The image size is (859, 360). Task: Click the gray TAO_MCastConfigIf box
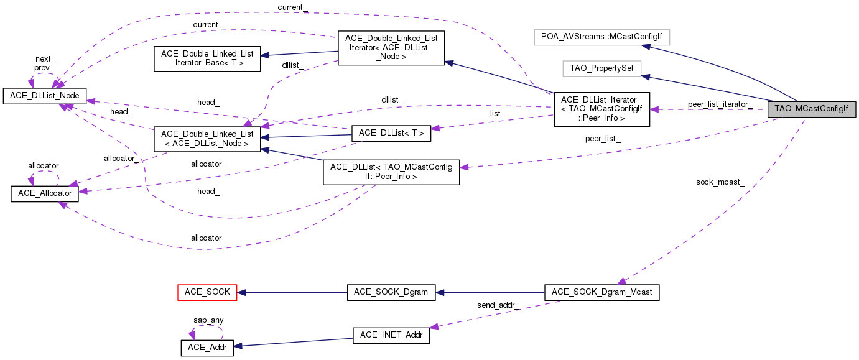click(811, 108)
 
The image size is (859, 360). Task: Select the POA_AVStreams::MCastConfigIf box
click(601, 37)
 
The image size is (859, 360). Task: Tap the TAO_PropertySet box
click(601, 68)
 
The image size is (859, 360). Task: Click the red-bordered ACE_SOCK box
click(207, 292)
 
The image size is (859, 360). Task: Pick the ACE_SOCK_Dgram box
click(391, 292)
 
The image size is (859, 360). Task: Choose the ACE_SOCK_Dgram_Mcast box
click(601, 292)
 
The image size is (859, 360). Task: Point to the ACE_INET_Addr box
click(391, 335)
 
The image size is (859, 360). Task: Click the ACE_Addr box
click(207, 348)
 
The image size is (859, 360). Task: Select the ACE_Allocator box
click(45, 193)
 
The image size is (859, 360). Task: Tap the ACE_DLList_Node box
click(45, 95)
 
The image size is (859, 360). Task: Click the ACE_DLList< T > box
click(391, 132)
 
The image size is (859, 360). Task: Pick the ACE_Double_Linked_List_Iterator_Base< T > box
click(207, 58)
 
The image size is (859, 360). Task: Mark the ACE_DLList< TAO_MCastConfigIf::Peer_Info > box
click(391, 172)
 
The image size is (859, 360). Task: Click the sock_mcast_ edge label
click(720, 182)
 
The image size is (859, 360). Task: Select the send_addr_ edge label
click(498, 305)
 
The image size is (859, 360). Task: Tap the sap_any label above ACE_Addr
click(208, 320)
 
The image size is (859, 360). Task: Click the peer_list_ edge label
click(603, 139)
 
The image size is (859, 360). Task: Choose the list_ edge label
click(497, 114)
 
